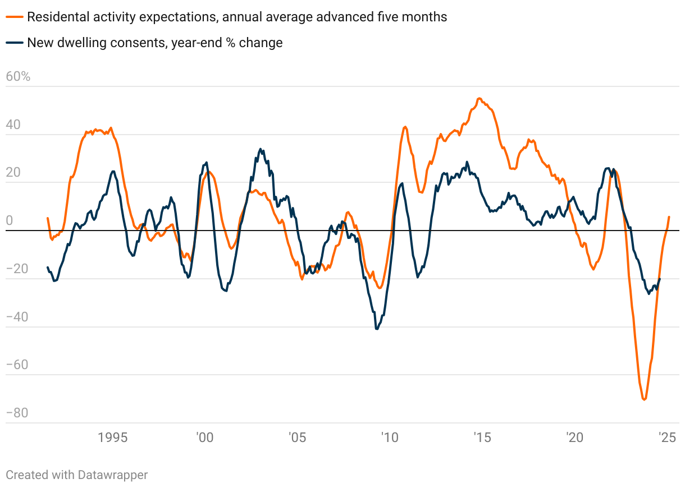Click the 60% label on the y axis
[18, 77]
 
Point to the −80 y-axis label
[17, 413]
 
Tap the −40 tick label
[17, 317]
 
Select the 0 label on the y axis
[9, 221]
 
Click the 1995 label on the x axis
[112, 438]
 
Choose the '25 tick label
[666, 438]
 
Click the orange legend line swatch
[15, 17]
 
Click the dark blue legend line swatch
[15, 43]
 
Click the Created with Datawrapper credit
[77, 475]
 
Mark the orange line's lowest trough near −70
[644, 399]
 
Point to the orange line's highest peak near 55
[479, 98]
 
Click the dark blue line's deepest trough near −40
[377, 329]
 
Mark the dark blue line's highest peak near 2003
[260, 149]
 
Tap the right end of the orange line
[669, 217]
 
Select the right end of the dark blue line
[660, 279]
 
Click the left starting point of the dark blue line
[48, 267]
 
